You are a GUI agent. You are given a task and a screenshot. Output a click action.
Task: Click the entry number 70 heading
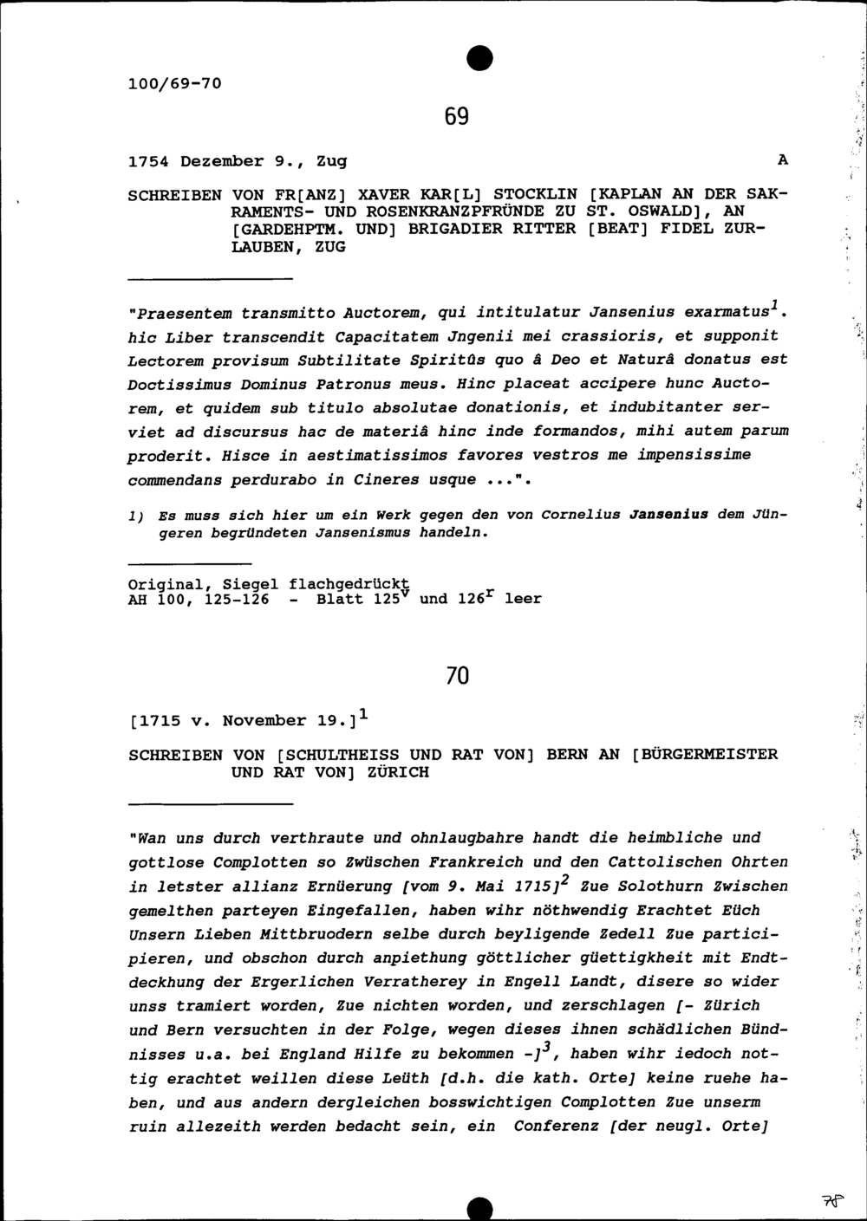(457, 675)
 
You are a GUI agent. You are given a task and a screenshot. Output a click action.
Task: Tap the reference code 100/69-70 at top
(174, 84)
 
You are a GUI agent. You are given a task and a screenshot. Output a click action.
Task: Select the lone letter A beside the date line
(783, 160)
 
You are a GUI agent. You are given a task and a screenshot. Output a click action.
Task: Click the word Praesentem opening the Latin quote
(181, 312)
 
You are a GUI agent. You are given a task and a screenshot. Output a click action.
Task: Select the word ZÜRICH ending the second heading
(395, 772)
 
